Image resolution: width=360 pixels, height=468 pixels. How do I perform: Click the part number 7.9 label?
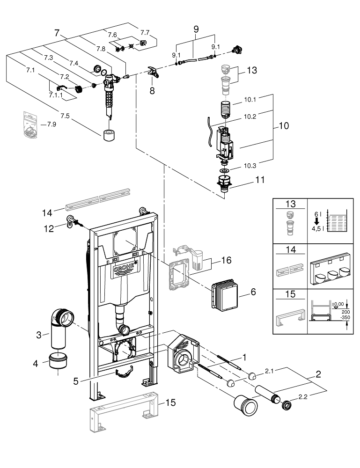51,124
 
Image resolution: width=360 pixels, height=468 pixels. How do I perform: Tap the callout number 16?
226,260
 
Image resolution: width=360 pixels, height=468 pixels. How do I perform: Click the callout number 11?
260,180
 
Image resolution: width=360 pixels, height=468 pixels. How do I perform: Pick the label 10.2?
250,117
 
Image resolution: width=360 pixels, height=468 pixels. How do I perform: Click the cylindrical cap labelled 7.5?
109,135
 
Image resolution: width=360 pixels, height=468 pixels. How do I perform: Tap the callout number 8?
152,90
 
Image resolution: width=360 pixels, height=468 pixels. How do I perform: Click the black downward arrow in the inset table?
317,221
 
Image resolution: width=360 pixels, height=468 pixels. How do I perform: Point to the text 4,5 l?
316,229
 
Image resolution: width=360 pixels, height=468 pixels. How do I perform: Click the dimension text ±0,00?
338,305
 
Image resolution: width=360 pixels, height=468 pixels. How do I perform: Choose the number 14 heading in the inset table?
291,249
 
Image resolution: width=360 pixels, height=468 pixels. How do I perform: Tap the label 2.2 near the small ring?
303,397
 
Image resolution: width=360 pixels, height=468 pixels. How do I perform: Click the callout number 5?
76,381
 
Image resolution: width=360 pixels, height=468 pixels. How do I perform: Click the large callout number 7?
57,33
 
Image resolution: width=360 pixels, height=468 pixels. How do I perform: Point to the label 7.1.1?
56,95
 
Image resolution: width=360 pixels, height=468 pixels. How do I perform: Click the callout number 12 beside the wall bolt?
49,229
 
